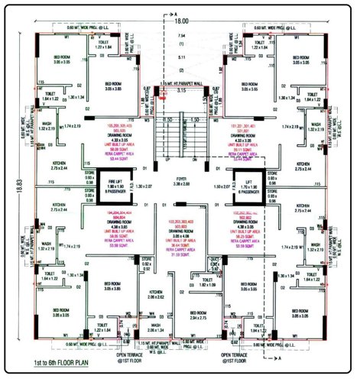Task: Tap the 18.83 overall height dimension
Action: coord(6,196)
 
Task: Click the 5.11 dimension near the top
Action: coord(181,57)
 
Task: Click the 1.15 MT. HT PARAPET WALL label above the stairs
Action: coord(180,83)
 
